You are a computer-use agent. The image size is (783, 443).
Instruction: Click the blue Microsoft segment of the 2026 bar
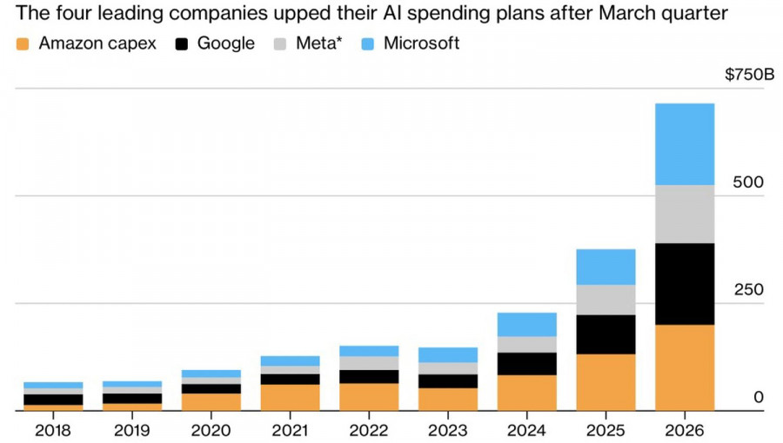coord(685,144)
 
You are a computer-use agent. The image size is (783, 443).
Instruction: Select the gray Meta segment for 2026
coord(685,215)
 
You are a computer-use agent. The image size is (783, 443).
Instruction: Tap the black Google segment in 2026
coord(685,284)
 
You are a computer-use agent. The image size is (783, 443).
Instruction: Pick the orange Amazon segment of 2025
coord(606,382)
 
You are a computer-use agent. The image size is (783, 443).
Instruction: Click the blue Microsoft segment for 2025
coord(606,267)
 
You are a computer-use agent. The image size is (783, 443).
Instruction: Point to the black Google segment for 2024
coord(527,364)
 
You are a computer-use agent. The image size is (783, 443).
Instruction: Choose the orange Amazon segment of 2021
coord(290,398)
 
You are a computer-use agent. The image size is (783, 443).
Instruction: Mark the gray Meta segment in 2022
coord(369,363)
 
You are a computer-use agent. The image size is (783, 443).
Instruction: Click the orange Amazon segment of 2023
coord(448,400)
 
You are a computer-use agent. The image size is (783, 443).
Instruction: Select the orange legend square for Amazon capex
coord(23,43)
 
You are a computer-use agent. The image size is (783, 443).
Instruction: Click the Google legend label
coord(225,43)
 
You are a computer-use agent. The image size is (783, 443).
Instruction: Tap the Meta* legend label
coord(318,43)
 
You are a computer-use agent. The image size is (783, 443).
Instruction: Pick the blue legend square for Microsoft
coord(367,43)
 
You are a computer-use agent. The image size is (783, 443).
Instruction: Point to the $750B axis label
coord(750,75)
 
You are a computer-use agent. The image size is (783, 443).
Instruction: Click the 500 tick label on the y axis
coord(748,182)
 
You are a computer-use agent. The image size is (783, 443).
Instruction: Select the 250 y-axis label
coord(748,289)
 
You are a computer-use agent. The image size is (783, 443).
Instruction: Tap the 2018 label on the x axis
coord(53,430)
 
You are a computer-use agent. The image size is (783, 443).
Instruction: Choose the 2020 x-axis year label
coord(211,430)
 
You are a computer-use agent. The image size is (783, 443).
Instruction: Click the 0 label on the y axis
coord(759,397)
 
